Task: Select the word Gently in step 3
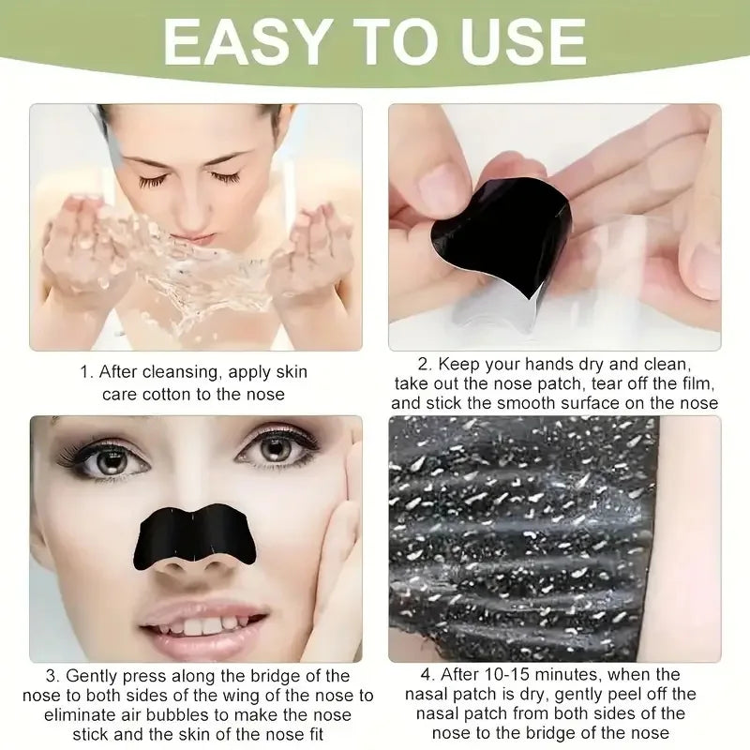pyautogui.click(x=94, y=676)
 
